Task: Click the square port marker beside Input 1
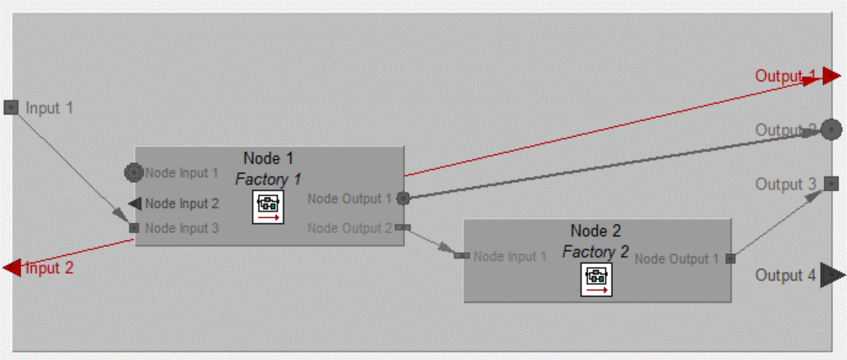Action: click(x=11, y=107)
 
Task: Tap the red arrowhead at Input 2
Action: click(x=12, y=267)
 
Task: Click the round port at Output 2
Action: click(x=831, y=130)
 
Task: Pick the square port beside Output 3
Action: click(x=831, y=184)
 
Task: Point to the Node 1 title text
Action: click(x=268, y=158)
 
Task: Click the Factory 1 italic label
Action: click(x=268, y=178)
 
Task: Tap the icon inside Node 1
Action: click(x=269, y=207)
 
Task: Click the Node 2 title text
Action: click(x=596, y=231)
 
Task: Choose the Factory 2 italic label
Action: click(x=595, y=252)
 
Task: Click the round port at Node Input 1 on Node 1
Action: click(x=134, y=173)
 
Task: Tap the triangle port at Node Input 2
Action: click(x=134, y=203)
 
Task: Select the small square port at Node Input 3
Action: click(x=134, y=228)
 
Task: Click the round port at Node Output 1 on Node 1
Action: click(x=403, y=198)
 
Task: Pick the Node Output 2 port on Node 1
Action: click(x=401, y=228)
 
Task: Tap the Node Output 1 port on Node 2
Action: click(x=730, y=259)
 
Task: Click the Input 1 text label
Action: click(x=49, y=107)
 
